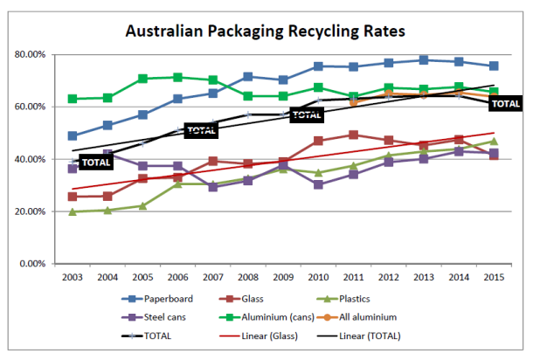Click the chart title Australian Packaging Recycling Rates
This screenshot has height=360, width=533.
pos(265,31)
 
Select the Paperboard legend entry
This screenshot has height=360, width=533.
pos(157,299)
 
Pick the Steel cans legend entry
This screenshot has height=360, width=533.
pos(154,317)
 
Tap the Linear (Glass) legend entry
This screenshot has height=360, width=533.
pos(259,336)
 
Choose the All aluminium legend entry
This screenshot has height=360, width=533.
pos(356,317)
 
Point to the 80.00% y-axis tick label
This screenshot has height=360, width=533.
pos(30,54)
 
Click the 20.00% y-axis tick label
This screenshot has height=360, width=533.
pos(30,211)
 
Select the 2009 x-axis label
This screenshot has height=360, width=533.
pos(283,277)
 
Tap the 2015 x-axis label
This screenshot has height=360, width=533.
pos(494,277)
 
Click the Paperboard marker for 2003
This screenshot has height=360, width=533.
pos(73,136)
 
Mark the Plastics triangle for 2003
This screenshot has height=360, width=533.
pos(73,211)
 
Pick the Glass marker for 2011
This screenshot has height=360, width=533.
pos(354,135)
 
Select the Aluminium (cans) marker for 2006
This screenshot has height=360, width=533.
pos(177,77)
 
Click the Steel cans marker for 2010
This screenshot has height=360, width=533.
pos(318,184)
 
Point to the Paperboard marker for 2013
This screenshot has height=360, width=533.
pos(424,60)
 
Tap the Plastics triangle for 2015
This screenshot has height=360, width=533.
pos(494,141)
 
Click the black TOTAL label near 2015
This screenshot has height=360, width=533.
pos(506,104)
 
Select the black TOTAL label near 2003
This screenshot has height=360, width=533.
pos(96,163)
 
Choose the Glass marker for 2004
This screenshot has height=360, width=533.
pos(107,196)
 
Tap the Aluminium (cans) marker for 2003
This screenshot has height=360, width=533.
pos(73,99)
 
